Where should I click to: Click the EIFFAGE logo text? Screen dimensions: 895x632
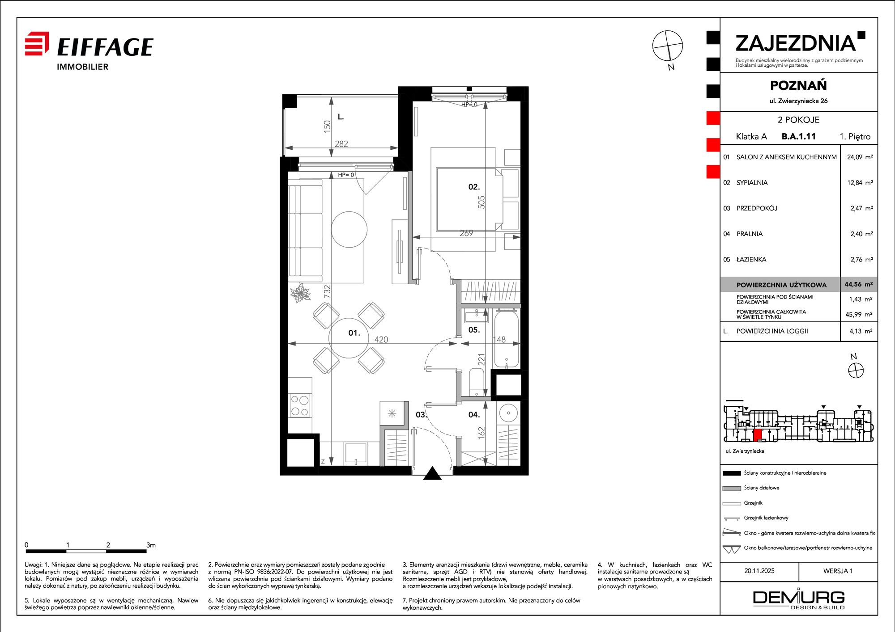coord(106,47)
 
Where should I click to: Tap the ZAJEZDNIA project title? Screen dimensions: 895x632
coord(796,43)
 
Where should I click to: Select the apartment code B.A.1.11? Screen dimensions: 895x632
coord(799,136)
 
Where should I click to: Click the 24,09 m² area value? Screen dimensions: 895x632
coord(860,157)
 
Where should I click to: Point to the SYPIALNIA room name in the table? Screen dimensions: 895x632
coord(752,182)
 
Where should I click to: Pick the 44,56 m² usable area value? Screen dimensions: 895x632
coord(858,284)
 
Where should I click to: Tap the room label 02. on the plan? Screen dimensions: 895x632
coord(474,187)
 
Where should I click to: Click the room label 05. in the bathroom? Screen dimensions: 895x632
coord(474,330)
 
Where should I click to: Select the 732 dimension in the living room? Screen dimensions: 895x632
coord(327,291)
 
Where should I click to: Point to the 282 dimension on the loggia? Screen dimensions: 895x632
coord(341,144)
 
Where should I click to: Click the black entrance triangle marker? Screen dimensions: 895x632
coord(432,473)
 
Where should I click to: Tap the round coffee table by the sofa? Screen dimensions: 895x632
coord(349,229)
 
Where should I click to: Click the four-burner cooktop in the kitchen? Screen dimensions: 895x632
coord(300,405)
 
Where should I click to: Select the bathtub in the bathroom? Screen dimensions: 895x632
coord(506,339)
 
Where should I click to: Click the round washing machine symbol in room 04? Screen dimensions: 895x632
coord(508,413)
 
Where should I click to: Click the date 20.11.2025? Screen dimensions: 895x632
coord(759,571)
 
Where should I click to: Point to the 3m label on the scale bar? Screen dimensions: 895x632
coord(151,545)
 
